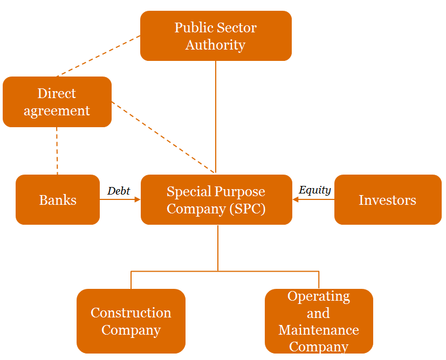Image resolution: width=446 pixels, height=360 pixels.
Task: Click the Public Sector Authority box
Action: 216,36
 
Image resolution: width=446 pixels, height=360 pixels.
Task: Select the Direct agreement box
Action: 57,102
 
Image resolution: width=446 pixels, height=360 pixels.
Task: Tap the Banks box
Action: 58,200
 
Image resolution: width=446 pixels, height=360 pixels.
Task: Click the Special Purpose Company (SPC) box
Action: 216,199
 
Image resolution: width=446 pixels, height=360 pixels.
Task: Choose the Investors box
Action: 388,200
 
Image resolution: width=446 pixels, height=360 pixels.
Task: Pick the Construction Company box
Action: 131,321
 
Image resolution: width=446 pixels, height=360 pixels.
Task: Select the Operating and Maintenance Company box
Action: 319,321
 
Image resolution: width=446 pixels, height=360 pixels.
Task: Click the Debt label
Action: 119,191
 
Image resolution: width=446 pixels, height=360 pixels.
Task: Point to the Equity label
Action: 314,190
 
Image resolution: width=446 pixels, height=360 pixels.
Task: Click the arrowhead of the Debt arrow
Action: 137,200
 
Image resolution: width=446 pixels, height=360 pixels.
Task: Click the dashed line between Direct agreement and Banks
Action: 57,151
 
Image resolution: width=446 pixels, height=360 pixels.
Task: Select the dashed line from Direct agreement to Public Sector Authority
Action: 97,56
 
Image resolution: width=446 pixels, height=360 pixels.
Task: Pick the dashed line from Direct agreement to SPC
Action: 162,136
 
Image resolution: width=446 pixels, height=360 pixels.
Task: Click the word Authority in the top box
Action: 215,45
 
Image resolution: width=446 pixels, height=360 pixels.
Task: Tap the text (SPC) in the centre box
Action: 247,209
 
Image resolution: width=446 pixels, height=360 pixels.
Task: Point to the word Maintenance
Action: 319,330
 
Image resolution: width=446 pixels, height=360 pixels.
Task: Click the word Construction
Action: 131,313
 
